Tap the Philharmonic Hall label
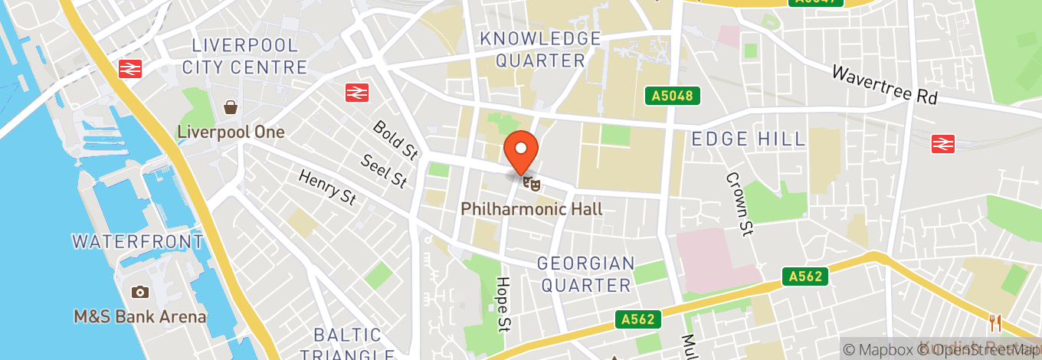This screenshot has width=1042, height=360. (531, 208)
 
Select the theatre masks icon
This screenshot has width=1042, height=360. (531, 182)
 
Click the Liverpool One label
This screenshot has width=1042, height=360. (231, 132)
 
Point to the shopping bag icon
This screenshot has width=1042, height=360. (230, 106)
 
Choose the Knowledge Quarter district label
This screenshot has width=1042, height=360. (540, 49)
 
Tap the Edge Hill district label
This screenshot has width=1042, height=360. (749, 139)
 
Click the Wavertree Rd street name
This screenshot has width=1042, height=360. (884, 84)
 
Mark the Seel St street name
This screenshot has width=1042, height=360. (384, 170)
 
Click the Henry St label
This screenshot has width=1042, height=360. (328, 188)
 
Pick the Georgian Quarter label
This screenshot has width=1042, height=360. (586, 274)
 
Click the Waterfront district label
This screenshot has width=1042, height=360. (138, 242)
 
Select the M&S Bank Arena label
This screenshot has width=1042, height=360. (139, 316)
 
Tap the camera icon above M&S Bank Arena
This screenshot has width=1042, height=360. (139, 292)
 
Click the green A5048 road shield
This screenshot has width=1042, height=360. (672, 96)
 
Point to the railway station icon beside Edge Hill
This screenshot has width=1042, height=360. (942, 143)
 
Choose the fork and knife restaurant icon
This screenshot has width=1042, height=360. (995, 323)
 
